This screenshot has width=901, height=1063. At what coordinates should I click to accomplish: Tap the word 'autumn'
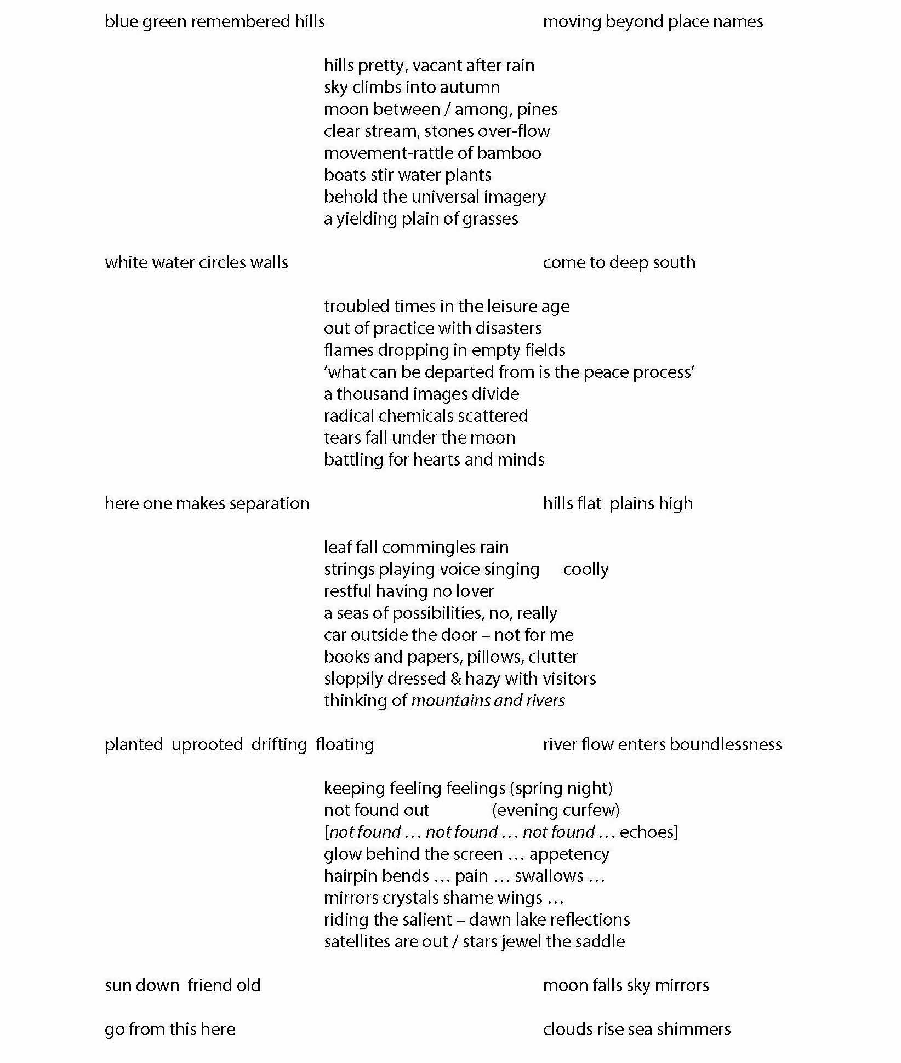(x=472, y=88)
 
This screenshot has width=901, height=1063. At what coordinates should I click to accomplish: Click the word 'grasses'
(x=490, y=219)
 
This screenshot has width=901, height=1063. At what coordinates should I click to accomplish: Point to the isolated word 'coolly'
(x=585, y=570)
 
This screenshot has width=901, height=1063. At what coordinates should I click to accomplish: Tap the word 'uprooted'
(x=207, y=745)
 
